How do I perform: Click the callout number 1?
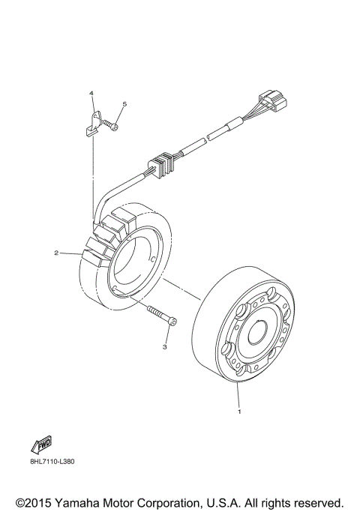pos(238,411)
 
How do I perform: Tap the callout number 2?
pos(56,253)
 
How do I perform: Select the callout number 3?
pos(164,346)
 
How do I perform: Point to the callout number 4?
pos(91,94)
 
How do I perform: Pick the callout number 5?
pos(124,104)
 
